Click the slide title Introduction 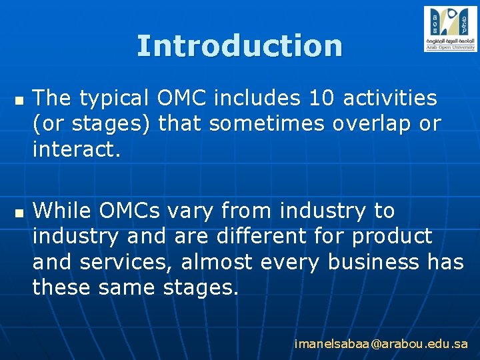239,46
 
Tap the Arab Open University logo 450,29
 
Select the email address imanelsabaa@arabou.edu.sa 381,344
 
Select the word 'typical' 115,98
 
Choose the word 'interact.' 77,149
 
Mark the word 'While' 63,211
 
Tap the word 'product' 392,236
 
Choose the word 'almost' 217,261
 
